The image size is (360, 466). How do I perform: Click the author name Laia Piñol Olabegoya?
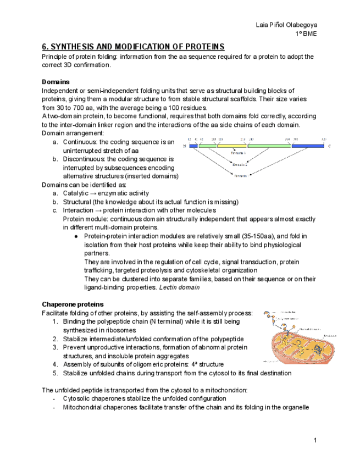(286, 25)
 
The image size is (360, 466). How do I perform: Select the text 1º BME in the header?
(306, 34)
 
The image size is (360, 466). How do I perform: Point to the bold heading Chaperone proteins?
(73, 304)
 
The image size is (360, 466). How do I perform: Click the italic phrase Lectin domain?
(179, 287)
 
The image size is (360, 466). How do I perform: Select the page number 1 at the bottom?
(315, 440)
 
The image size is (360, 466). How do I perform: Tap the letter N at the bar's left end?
(184, 146)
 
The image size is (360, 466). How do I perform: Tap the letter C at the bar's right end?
(330, 146)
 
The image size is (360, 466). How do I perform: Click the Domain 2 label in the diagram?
(240, 164)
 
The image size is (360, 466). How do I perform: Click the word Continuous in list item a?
(81, 142)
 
